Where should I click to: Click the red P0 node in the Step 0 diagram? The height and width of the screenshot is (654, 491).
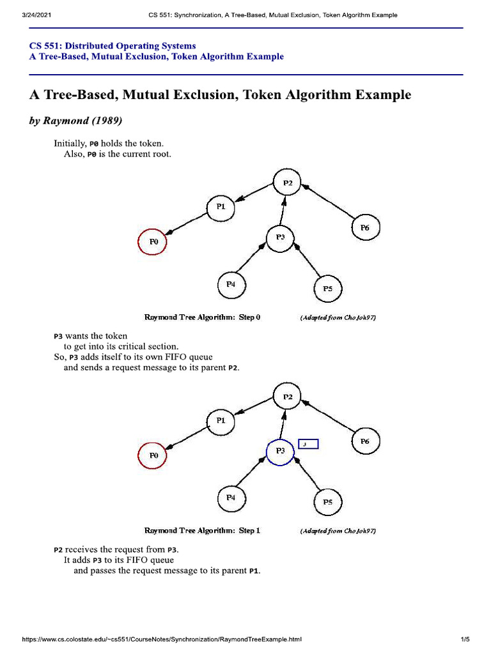pos(153,242)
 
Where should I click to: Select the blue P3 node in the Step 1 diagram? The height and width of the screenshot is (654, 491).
pos(279,452)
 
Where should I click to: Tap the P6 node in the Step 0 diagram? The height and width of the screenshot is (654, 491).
pos(365,228)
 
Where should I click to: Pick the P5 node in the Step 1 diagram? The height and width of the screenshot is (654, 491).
pos(327,502)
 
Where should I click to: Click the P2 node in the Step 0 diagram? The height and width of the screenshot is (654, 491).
pos(288,183)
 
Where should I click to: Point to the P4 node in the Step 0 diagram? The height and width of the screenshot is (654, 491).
pos(231,285)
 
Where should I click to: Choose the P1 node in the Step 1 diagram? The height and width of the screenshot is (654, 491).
pos(221,420)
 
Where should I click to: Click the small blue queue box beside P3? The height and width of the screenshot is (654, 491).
pos(308,444)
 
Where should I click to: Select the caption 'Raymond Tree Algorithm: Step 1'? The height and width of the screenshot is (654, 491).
pos(203,531)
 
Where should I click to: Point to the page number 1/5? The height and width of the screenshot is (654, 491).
pos(465,639)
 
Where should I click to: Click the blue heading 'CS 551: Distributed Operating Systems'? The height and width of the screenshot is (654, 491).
pos(113,46)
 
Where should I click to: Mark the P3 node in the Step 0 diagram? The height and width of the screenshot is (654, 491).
pos(280,238)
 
